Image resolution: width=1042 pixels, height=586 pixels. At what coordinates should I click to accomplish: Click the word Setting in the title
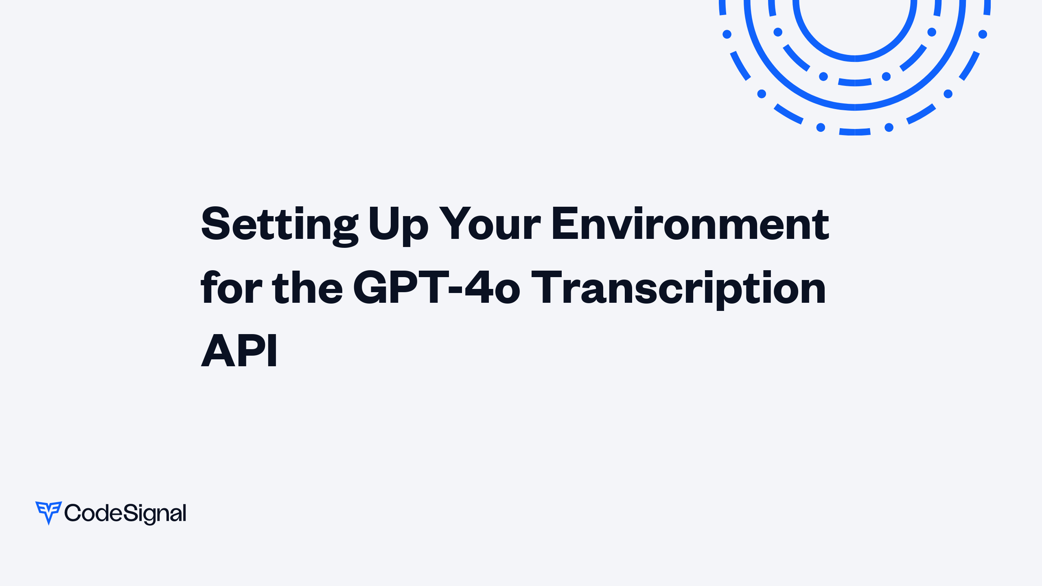(x=279, y=225)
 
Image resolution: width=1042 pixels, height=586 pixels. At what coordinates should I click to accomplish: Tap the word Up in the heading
(x=398, y=225)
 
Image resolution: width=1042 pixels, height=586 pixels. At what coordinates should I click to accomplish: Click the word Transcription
(x=679, y=288)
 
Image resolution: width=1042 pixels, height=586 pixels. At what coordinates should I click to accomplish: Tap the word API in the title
(x=239, y=350)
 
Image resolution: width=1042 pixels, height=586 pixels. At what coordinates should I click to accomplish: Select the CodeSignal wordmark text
(x=125, y=513)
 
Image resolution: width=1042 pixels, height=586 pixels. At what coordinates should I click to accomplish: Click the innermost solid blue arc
(x=855, y=58)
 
